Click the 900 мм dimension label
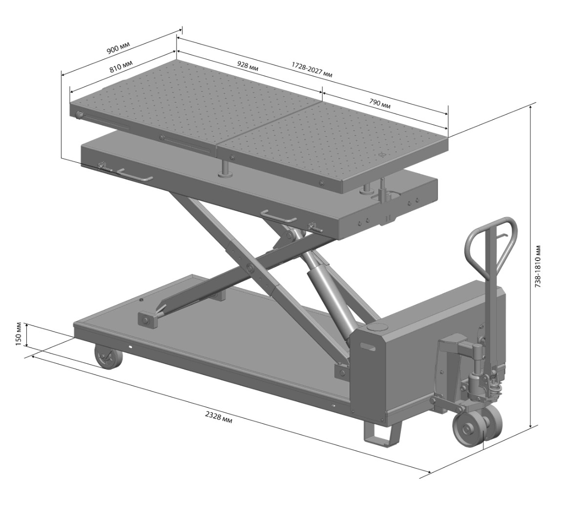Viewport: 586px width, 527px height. point(118,47)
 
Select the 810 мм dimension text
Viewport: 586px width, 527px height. point(121,66)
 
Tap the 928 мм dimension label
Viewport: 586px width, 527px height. point(248,66)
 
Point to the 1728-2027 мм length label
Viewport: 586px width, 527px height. point(312,70)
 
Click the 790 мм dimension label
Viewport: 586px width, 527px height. point(379,103)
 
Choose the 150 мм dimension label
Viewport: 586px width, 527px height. point(19,335)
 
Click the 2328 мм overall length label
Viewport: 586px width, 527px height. point(219,417)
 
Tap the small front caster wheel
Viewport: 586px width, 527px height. point(108,357)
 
